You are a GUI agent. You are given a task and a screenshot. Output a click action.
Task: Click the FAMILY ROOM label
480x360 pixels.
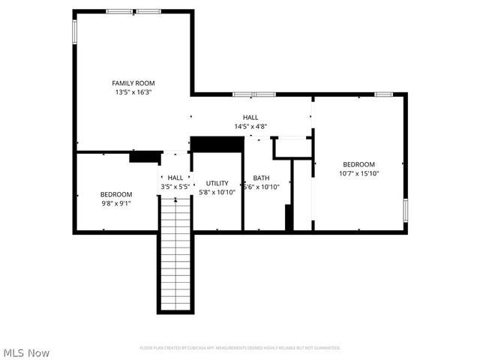click(133, 83)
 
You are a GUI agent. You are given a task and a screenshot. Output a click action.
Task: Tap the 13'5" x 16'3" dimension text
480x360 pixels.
click(133, 92)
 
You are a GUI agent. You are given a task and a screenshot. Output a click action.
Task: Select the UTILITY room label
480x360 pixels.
click(217, 183)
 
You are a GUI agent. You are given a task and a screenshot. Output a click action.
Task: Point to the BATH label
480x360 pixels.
click(261, 178)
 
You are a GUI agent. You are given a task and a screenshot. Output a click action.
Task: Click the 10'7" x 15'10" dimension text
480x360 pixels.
click(358, 173)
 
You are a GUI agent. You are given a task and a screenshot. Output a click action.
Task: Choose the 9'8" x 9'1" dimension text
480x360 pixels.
click(115, 202)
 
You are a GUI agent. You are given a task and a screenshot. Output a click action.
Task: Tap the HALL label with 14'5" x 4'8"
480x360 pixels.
click(250, 118)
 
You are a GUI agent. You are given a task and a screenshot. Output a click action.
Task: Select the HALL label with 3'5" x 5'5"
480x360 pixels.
click(175, 178)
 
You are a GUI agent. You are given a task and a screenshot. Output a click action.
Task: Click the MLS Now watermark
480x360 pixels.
click(26, 352)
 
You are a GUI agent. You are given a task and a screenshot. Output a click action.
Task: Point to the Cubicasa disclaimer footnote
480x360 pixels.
click(240, 348)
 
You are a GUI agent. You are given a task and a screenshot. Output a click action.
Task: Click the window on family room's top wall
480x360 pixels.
click(133, 11)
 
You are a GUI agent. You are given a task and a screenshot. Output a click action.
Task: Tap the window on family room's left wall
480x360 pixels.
click(74, 31)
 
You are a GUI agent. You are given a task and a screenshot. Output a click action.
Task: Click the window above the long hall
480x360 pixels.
click(253, 94)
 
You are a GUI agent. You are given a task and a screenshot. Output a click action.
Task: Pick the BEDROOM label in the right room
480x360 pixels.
click(358, 164)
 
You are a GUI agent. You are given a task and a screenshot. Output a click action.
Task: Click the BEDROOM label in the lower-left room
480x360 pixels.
click(115, 193)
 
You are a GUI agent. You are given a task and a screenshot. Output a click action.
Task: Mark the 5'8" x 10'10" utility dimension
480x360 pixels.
click(217, 192)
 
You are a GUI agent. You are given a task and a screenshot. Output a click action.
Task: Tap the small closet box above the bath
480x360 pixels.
click(292, 147)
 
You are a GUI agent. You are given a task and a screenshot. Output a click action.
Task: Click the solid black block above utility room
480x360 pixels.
click(217, 144)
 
